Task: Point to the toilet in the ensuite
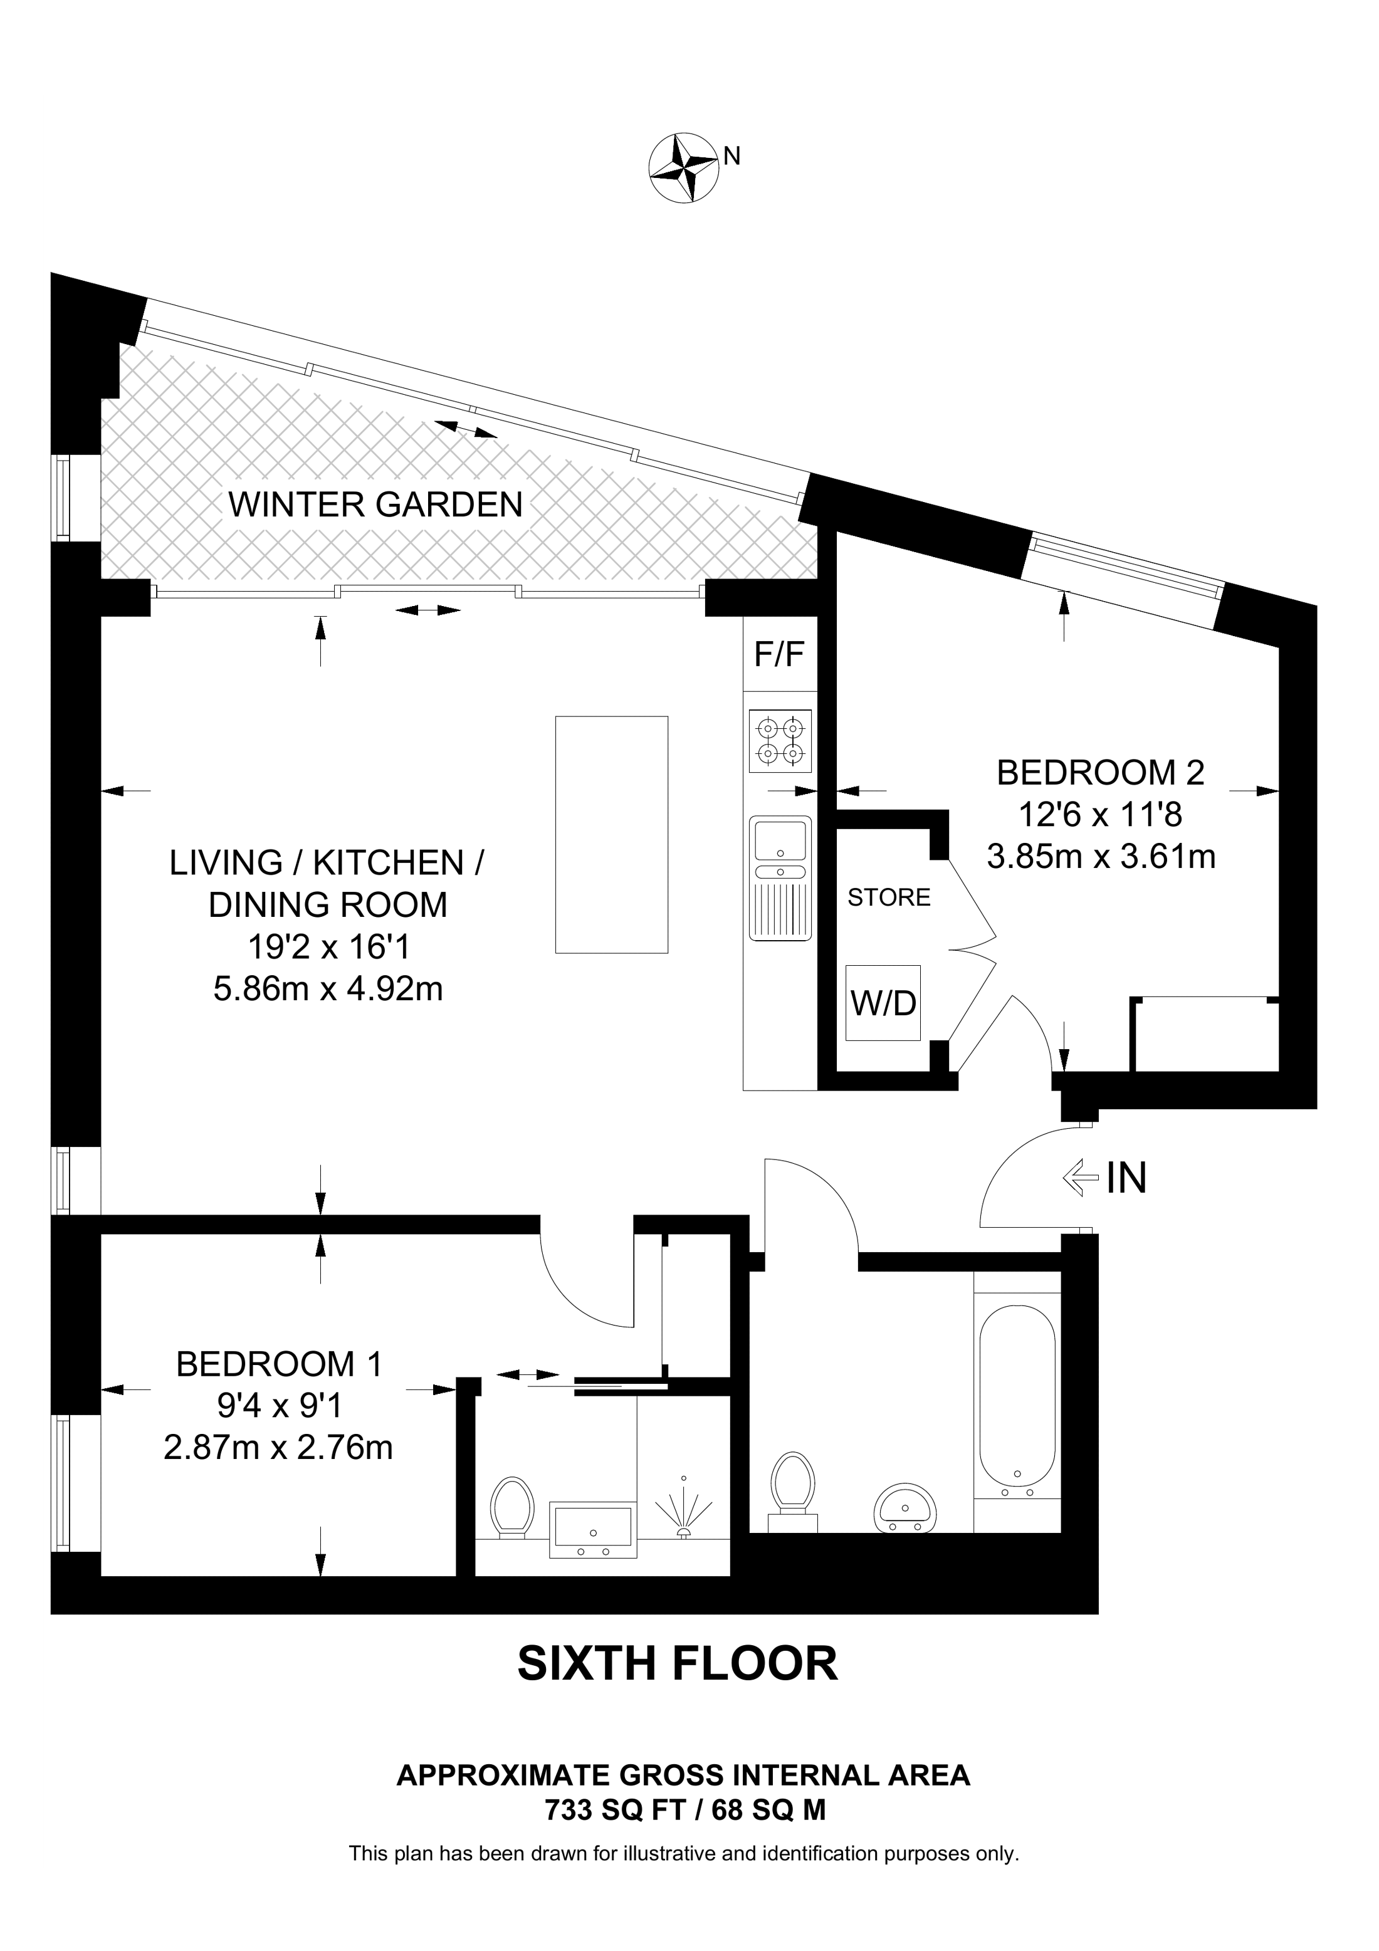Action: [511, 1506]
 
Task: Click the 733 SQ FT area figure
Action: [614, 1811]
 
